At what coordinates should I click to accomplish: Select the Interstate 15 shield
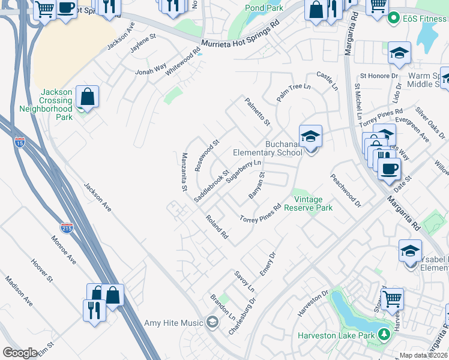coord(20,142)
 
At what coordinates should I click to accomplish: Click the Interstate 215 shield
coord(67,229)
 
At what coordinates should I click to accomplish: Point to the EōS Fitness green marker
coord(394,18)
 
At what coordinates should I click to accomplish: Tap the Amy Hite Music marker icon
coord(211,323)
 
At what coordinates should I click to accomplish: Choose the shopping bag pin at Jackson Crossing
coord(87,97)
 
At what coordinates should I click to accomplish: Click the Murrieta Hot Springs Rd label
coord(241,35)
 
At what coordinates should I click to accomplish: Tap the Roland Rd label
coord(217,227)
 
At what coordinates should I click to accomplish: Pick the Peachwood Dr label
coord(345,191)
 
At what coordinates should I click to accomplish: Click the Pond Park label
coord(264,8)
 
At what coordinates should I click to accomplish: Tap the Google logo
coord(20,353)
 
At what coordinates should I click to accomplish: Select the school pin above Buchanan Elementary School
coord(310,137)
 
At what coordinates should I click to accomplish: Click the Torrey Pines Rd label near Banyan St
coord(261,214)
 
